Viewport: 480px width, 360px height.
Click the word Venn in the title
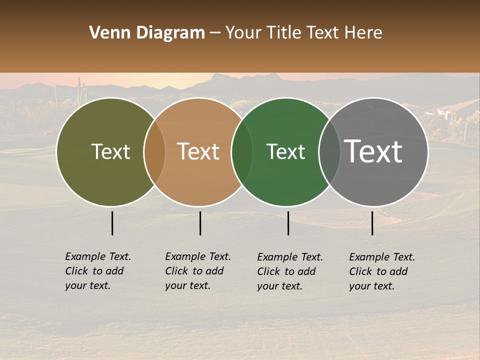tap(105, 33)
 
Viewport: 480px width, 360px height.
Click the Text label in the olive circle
tap(110, 151)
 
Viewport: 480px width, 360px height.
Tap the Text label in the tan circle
tap(198, 151)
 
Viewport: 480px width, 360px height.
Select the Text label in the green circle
tap(286, 151)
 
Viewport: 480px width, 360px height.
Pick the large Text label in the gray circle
tap(374, 151)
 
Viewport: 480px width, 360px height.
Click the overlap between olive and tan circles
tap(154, 152)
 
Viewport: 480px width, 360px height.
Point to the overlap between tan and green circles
tap(242, 152)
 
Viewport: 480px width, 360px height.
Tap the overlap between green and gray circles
tap(329, 152)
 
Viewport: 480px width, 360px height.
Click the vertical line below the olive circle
tap(112, 223)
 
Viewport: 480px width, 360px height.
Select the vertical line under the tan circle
tap(200, 223)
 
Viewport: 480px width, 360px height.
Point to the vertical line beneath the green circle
tap(288, 223)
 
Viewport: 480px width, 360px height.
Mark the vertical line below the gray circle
tap(372, 223)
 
